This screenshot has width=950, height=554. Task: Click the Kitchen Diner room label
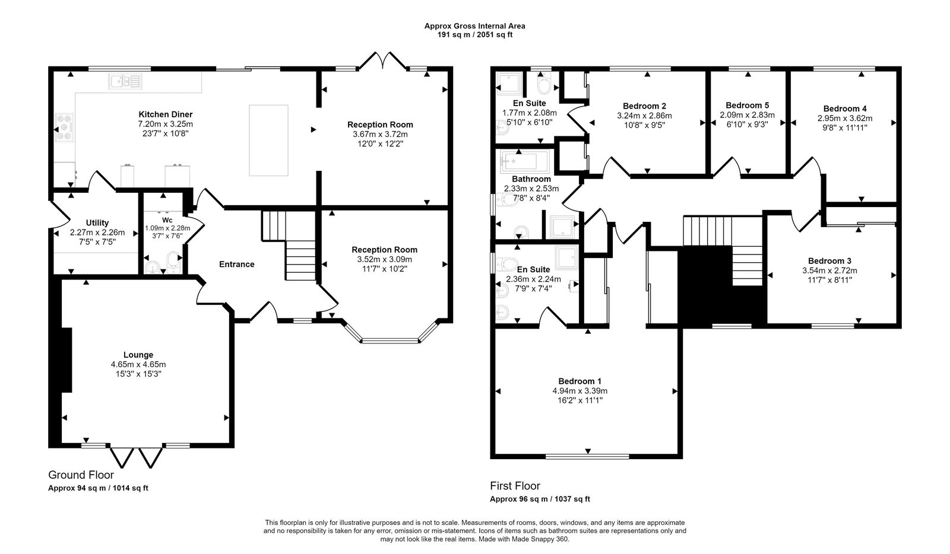pos(165,114)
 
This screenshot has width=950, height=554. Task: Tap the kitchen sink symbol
pos(125,81)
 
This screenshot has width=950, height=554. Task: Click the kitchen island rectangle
pos(268,140)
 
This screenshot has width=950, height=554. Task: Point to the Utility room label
pos(97,223)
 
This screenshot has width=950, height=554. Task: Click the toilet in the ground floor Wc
pos(173,262)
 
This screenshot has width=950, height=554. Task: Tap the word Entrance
pos(236,265)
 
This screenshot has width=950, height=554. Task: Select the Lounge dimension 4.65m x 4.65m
pos(138,364)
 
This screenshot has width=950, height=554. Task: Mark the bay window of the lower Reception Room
pos(389,340)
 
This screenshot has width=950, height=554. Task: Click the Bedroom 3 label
pos(829,261)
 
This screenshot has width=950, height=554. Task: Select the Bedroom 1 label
pos(579,381)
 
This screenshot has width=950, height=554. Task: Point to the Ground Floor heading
pos(81,475)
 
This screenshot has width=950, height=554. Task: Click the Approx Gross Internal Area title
pos(474,26)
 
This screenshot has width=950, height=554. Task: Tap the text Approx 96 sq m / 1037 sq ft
pos(540,499)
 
